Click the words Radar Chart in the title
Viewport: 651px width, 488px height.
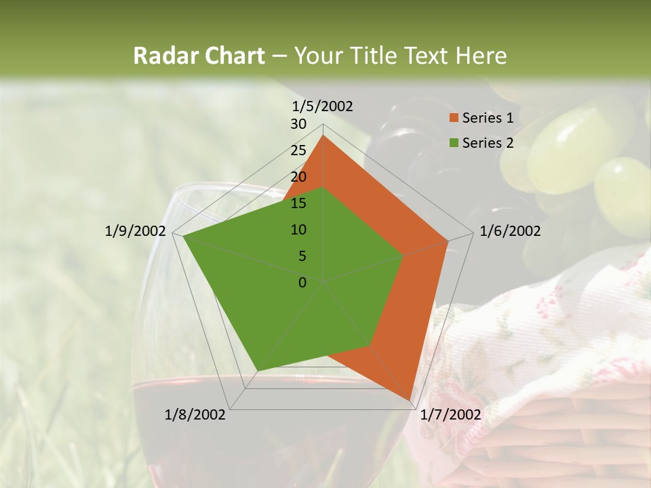(199, 56)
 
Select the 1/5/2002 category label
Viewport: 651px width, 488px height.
(323, 106)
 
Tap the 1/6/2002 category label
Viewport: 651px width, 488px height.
(510, 231)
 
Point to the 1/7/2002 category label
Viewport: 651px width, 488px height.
(450, 415)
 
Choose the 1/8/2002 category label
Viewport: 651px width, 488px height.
(195, 415)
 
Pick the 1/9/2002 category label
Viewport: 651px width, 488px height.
(136, 231)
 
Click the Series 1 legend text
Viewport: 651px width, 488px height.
(488, 118)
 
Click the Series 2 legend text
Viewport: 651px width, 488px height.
(488, 143)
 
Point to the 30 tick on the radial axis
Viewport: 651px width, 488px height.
(298, 124)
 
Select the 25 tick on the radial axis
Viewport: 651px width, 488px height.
(298, 150)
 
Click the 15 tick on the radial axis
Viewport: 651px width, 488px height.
(298, 203)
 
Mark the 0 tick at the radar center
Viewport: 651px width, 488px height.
(302, 283)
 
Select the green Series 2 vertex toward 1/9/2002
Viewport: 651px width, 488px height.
(183, 236)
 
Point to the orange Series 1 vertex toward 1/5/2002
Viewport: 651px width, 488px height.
(323, 135)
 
